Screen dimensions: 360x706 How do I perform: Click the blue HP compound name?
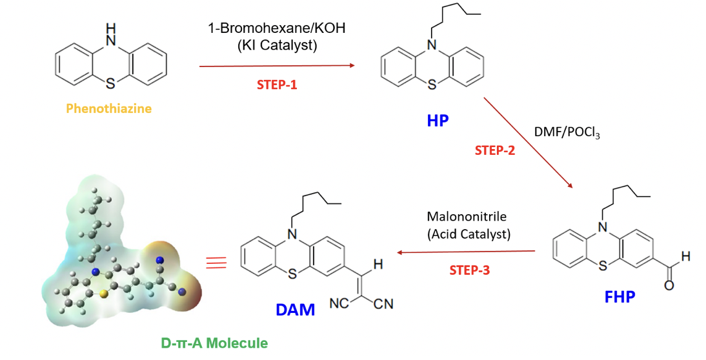[x=437, y=121]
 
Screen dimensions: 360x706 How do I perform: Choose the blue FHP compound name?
[x=620, y=297]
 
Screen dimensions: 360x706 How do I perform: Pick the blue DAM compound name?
[x=295, y=310]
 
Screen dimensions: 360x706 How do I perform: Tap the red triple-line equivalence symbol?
[x=216, y=262]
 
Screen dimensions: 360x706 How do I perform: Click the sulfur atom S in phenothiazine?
[x=111, y=83]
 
